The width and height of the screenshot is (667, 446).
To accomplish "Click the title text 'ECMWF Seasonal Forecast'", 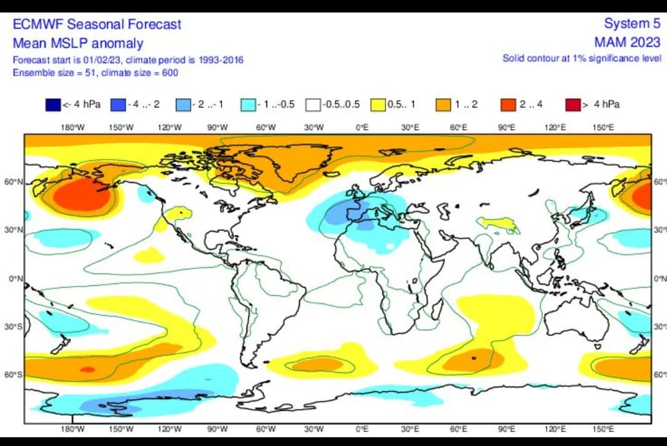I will (x=97, y=24).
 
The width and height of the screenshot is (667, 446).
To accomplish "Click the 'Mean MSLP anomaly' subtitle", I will (x=78, y=43).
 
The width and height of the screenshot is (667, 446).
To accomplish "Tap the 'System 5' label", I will (x=632, y=24).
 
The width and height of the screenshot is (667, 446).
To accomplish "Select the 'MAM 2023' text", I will (x=628, y=43).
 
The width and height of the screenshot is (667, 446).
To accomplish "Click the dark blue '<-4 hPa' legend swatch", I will (x=53, y=104).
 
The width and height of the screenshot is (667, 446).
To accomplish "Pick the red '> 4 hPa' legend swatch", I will (x=573, y=104).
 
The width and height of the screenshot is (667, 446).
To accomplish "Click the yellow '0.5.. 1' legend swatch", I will (x=378, y=104).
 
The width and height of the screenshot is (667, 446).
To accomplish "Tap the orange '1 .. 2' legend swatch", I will (x=444, y=104).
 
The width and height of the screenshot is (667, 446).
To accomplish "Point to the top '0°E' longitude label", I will (x=362, y=128).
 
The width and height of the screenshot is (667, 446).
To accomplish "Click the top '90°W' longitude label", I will (x=217, y=128).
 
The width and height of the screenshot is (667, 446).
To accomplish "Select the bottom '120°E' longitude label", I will (x=554, y=429).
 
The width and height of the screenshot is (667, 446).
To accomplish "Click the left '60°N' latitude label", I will (x=16, y=182).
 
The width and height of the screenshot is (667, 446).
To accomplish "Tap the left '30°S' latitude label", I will (x=16, y=327).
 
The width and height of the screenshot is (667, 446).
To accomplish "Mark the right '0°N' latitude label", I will (x=660, y=278).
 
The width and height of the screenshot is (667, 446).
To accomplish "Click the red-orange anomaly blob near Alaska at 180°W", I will (x=81, y=196).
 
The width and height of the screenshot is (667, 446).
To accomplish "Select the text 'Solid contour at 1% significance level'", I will (x=582, y=58).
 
